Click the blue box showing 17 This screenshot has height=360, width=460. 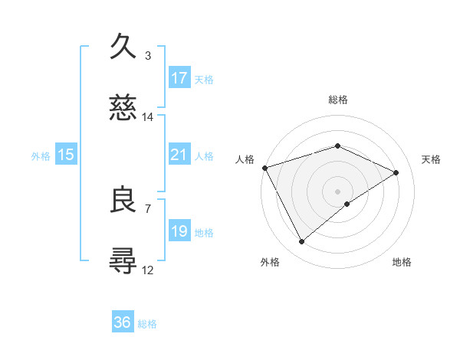pyautogui.click(x=179, y=78)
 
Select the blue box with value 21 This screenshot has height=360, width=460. pyautogui.click(x=179, y=155)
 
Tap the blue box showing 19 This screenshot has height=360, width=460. pyautogui.click(x=179, y=231)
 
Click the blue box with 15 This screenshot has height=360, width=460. pyautogui.click(x=66, y=155)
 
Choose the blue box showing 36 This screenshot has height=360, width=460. pyautogui.click(x=123, y=322)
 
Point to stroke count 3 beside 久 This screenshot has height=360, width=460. pyautogui.click(x=148, y=55)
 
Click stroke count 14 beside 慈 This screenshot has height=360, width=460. pyautogui.click(x=148, y=117)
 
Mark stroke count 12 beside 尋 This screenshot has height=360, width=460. pyautogui.click(x=148, y=270)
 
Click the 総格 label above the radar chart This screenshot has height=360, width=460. pyautogui.click(x=338, y=100)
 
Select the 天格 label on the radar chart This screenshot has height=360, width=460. pyautogui.click(x=432, y=159)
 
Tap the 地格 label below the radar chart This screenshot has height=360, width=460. pyautogui.click(x=402, y=262)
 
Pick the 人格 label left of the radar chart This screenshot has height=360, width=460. pyautogui.click(x=245, y=159)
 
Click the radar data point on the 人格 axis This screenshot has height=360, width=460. pyautogui.click(x=264, y=167)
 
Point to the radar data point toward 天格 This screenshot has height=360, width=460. pyautogui.click(x=396, y=172)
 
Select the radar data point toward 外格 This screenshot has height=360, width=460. pyautogui.click(x=301, y=242)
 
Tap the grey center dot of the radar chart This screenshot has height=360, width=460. pyautogui.click(x=338, y=191)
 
